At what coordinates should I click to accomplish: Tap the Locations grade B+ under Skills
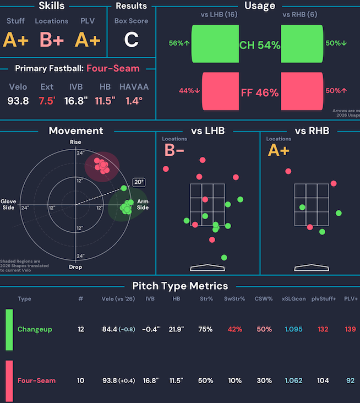pos(52,40)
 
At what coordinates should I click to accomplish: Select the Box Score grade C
pos(131,40)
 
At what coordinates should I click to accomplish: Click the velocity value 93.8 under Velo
pos(18,101)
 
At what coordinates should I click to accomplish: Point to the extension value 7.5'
pos(47,101)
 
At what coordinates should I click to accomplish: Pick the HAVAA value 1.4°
pos(134,101)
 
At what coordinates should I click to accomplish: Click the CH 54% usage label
pos(259,45)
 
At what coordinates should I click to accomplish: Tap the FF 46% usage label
pos(259,92)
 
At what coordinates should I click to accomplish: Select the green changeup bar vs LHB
pos(214,43)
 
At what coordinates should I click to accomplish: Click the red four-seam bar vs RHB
pos(302,91)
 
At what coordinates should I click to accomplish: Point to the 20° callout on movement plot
pos(138,182)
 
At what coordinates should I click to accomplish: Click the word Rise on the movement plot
pos(75,143)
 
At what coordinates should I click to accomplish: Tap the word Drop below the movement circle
pos(75,267)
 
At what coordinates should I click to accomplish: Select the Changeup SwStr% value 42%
pos(234,329)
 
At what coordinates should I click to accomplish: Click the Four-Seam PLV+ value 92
pos(350,380)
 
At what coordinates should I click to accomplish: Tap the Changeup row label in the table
pos(35,329)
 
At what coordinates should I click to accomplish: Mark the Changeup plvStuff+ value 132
pos(323,329)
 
